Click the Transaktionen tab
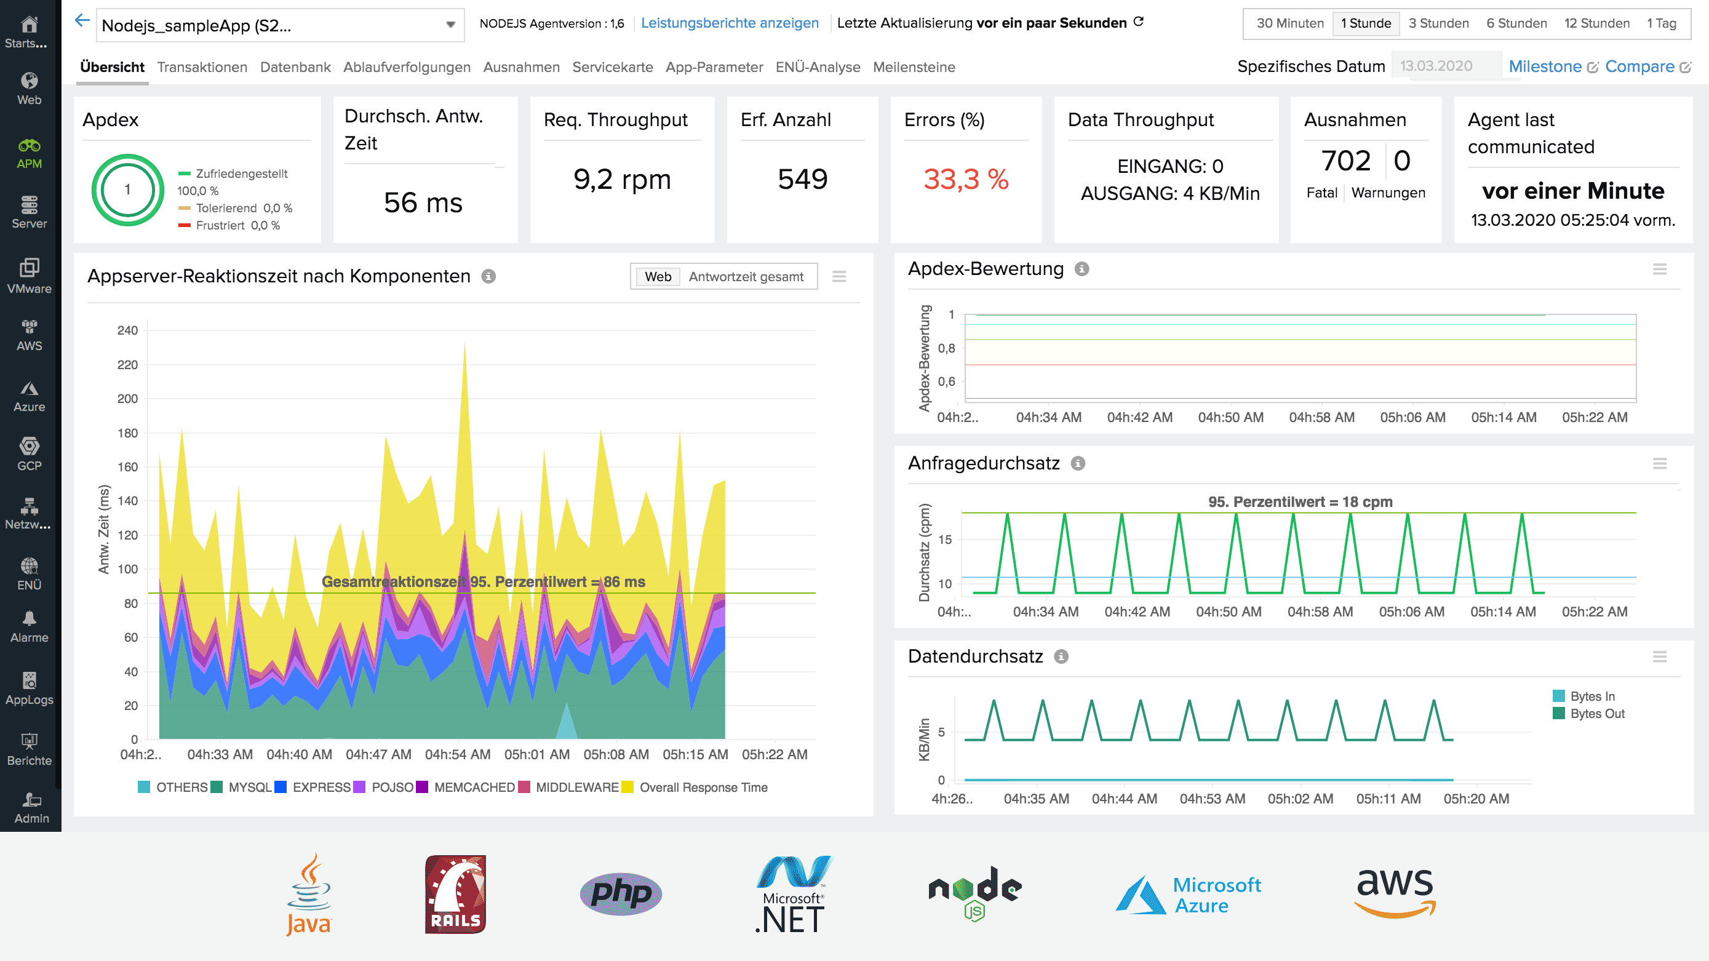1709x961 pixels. tap(202, 67)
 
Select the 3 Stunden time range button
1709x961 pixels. tap(1438, 23)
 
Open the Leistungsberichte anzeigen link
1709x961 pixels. tap(729, 23)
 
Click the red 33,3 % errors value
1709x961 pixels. tap(965, 179)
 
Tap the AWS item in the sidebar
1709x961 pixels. tap(29, 335)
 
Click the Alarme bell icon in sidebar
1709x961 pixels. tap(29, 618)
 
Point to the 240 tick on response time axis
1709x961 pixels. tap(127, 330)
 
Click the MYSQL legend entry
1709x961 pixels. tap(242, 787)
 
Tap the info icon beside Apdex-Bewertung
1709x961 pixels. tap(1082, 269)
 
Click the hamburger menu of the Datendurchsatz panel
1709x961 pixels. tap(1659, 656)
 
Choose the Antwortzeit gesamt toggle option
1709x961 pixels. tap(746, 277)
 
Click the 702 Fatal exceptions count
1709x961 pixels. tap(1345, 161)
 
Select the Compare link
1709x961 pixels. tap(1639, 66)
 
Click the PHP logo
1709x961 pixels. tap(620, 893)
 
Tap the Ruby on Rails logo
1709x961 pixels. tap(455, 893)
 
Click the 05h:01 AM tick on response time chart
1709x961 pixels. tap(536, 755)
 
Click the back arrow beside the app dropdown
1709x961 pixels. tap(82, 20)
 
